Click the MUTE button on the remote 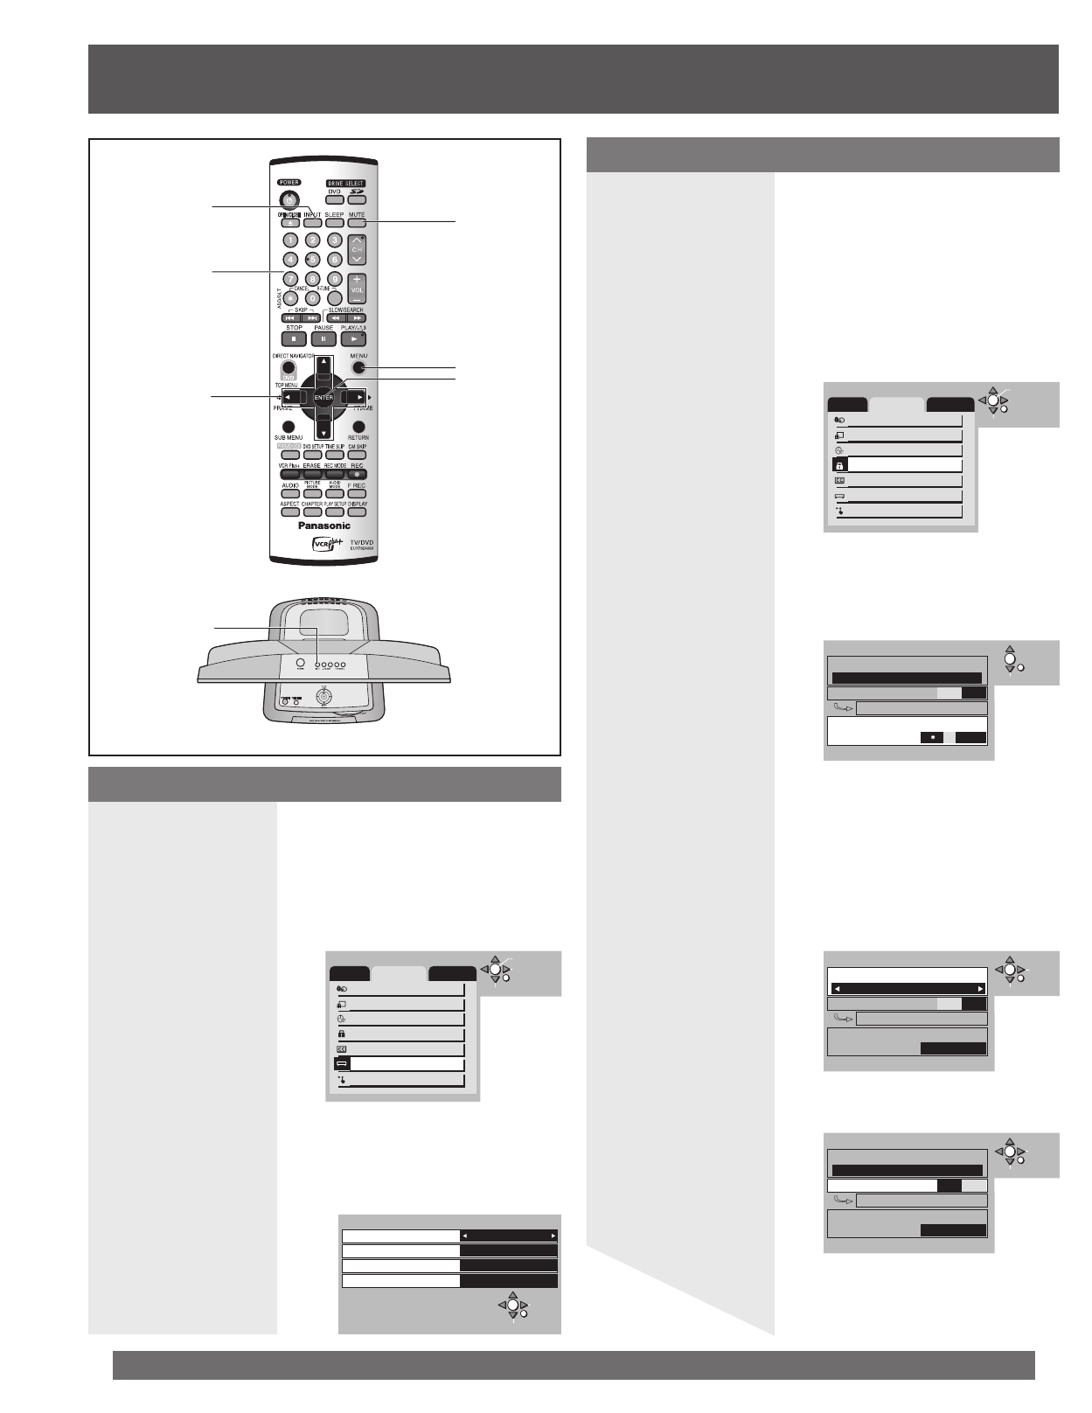click(357, 224)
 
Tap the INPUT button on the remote click(312, 224)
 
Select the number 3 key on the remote click(334, 240)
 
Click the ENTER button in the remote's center click(323, 398)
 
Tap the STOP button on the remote click(294, 338)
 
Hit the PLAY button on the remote click(353, 338)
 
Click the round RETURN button click(358, 427)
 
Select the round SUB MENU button click(289, 427)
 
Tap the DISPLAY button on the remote click(357, 512)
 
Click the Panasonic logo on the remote click(324, 526)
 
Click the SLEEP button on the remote click(334, 224)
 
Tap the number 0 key click(312, 298)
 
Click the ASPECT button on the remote click(289, 512)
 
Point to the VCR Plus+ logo click(325, 545)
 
